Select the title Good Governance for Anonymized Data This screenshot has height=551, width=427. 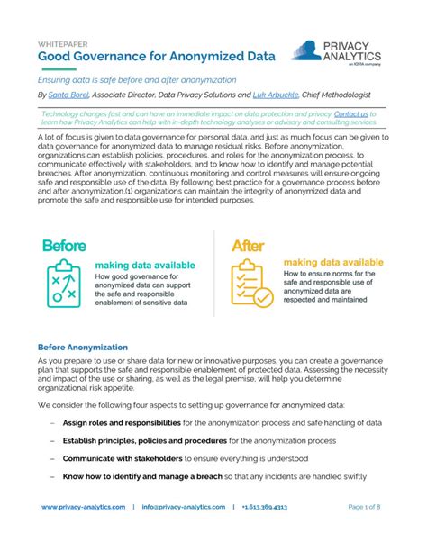point(143,57)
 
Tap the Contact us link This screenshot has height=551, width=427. point(350,115)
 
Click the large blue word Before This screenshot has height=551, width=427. point(64,245)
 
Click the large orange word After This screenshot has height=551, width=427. point(248,245)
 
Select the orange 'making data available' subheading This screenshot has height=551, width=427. point(332,262)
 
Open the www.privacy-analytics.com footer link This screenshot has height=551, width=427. point(84,507)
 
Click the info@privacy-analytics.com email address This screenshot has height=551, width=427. point(184,507)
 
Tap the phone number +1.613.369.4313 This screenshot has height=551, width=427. point(265,507)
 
